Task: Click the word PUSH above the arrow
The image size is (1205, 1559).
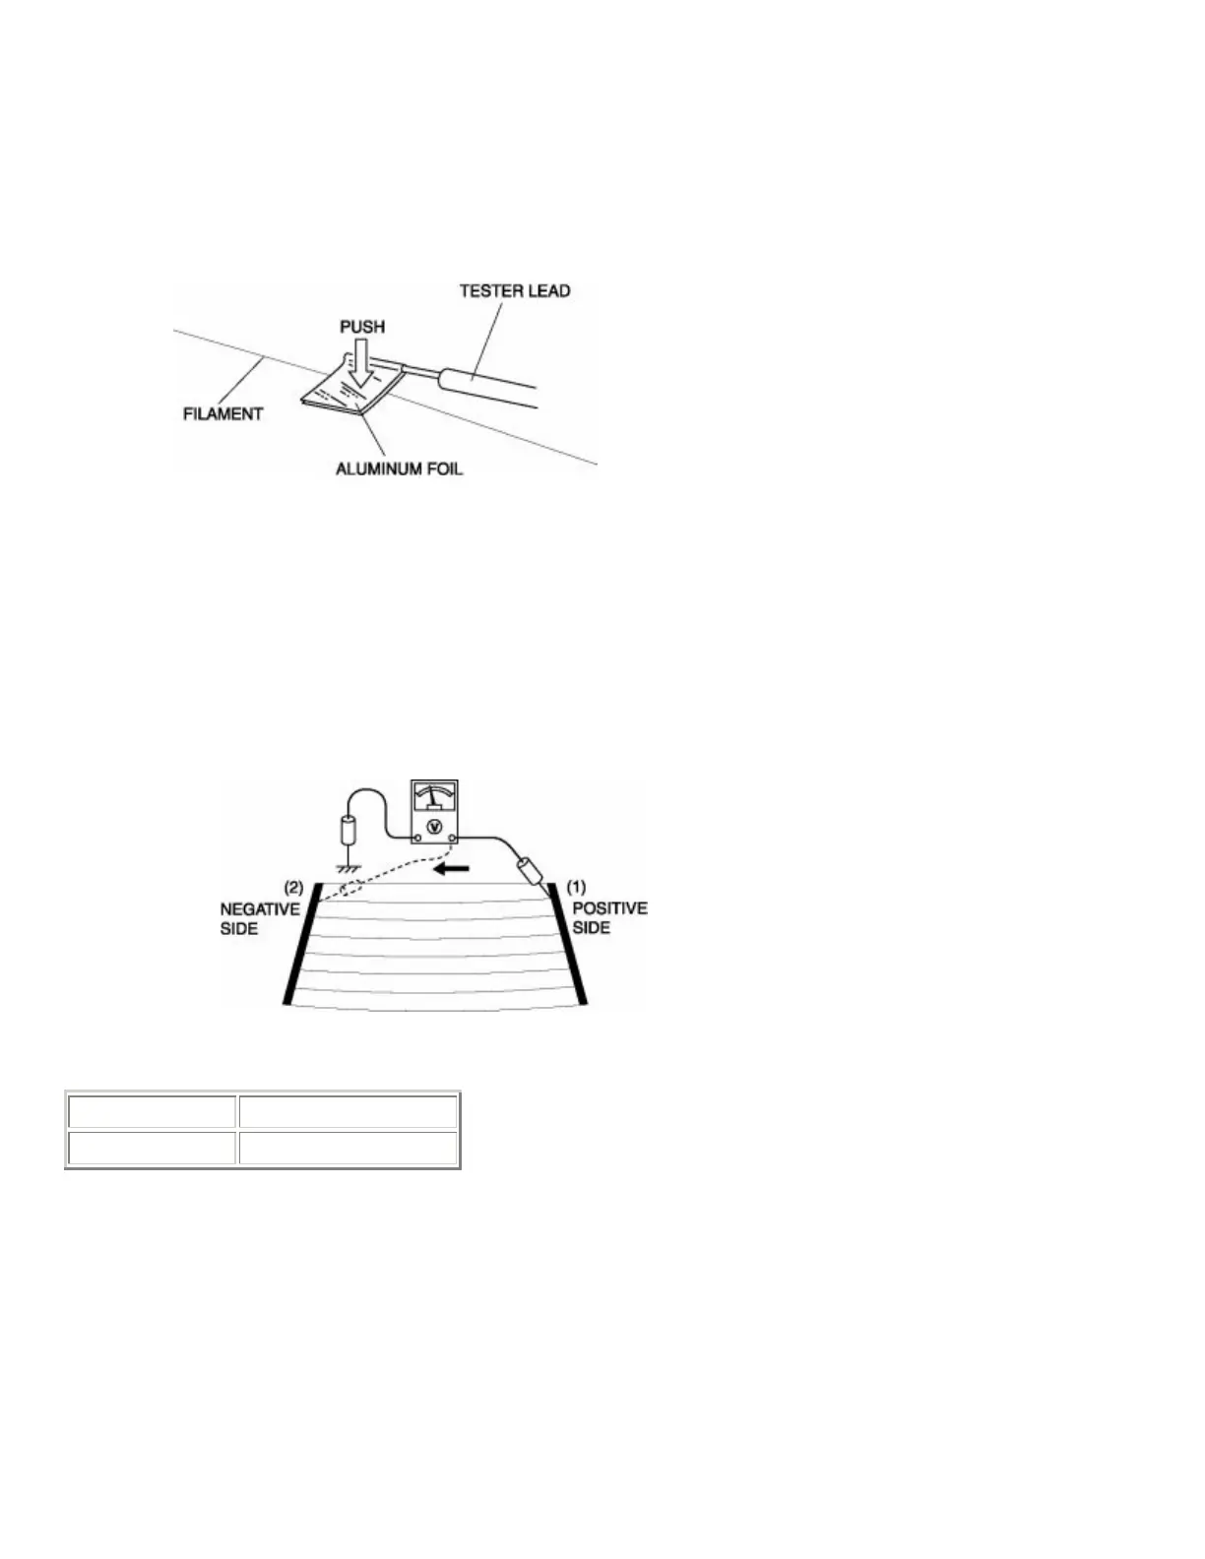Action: [x=362, y=327]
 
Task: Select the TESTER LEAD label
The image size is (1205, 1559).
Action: [x=515, y=291]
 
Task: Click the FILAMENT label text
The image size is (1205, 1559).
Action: [x=223, y=414]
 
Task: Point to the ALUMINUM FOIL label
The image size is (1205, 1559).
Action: [x=399, y=468]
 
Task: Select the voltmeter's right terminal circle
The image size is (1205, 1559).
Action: [x=451, y=839]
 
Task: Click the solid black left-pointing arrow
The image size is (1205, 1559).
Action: [x=454, y=869]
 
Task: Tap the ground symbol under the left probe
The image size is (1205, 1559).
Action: [x=348, y=870]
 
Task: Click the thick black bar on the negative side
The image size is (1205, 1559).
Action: [x=302, y=943]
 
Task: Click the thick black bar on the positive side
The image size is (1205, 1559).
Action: [x=572, y=943]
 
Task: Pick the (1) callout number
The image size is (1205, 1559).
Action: [x=577, y=887]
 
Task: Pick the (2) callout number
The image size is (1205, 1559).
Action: [x=292, y=887]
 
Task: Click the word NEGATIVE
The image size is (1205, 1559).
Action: [x=260, y=909]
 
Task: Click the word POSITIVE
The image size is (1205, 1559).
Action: [x=609, y=908]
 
